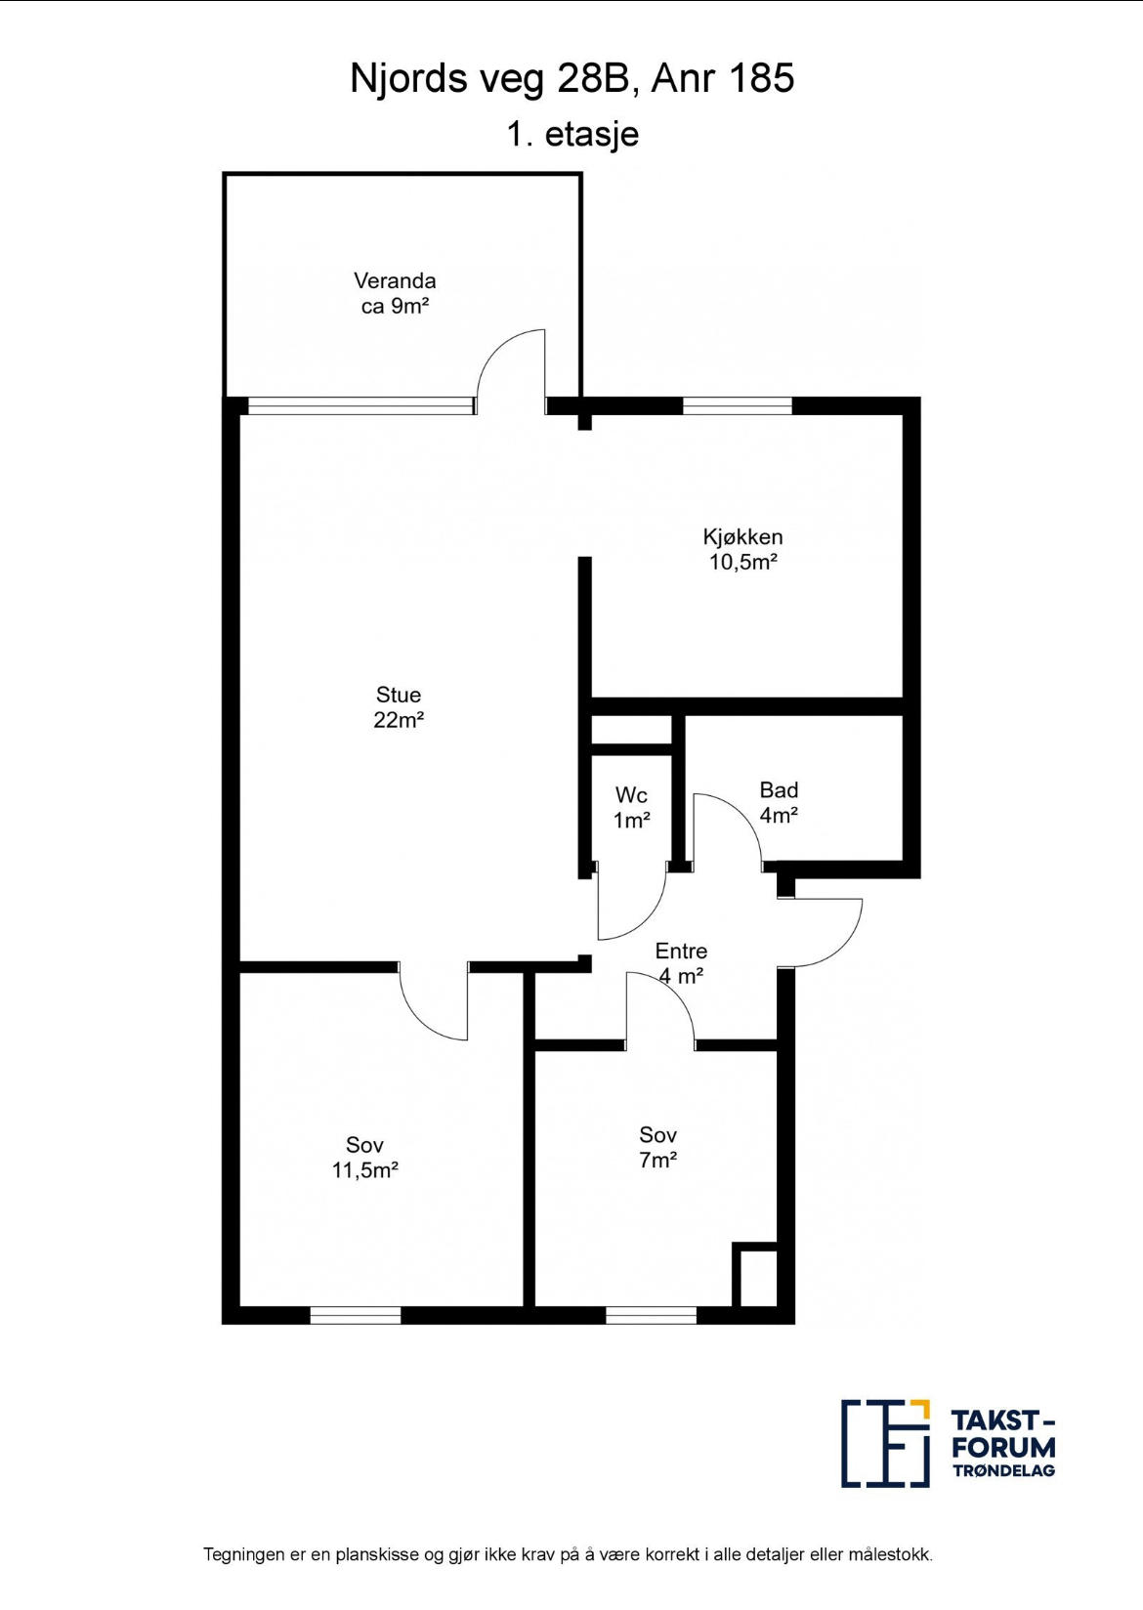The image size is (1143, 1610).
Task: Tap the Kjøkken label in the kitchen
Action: (x=742, y=537)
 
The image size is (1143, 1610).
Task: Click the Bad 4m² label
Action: (x=780, y=803)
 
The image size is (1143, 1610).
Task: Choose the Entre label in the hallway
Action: (x=681, y=951)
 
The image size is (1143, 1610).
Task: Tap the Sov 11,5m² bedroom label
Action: (x=365, y=1157)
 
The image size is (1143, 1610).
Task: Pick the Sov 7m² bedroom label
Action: (x=657, y=1147)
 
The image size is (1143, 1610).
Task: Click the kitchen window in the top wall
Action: (x=737, y=405)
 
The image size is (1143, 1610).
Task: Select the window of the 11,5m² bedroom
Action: (x=356, y=1315)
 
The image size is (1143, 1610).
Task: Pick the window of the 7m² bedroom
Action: (x=652, y=1315)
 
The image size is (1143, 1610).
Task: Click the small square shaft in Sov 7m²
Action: (x=755, y=1274)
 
